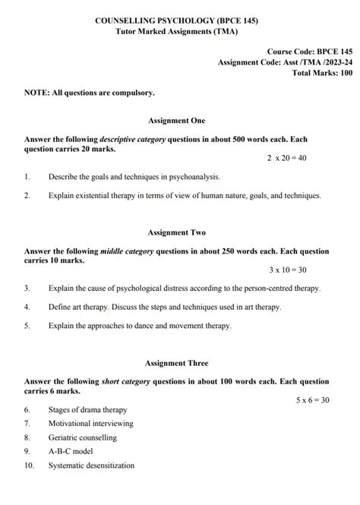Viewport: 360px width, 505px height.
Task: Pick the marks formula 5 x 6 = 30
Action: tap(312, 399)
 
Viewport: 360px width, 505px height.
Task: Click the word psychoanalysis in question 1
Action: tap(188, 177)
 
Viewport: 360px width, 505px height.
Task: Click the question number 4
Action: tap(27, 307)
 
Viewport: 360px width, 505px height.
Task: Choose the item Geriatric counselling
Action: tap(82, 437)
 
